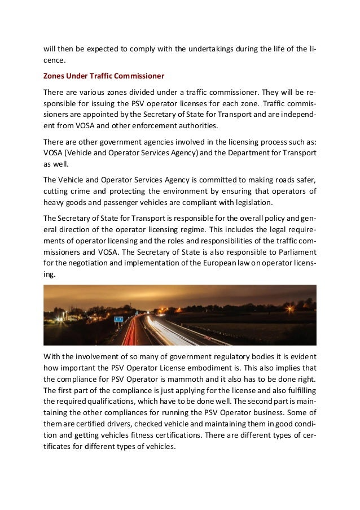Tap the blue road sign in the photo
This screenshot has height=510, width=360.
[x=118, y=319]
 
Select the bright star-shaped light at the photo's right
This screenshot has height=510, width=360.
[x=291, y=308]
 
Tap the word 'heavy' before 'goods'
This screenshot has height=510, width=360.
[x=54, y=202]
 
